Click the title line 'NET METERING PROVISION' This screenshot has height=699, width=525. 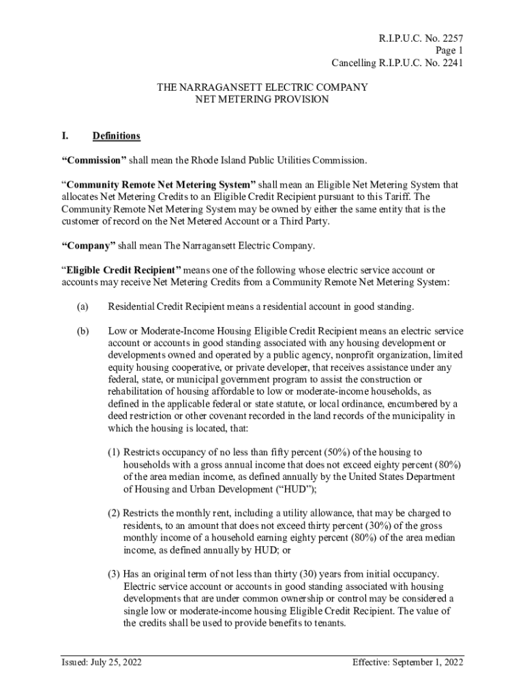262,100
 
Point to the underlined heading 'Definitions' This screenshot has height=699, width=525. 116,136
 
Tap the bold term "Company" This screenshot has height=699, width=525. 89,246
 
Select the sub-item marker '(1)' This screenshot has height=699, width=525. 114,452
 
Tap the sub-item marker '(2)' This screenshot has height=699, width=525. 114,513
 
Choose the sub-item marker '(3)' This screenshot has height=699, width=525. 114,574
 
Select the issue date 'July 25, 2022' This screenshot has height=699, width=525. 112,662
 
